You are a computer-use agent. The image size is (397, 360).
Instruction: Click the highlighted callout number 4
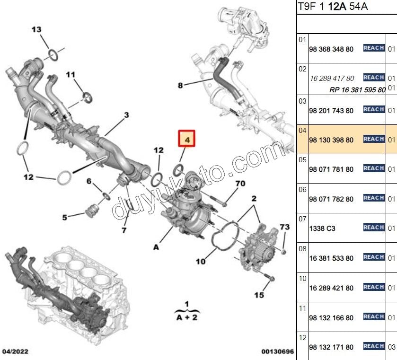(186, 140)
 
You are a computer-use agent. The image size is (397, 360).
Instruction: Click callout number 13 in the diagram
(36, 30)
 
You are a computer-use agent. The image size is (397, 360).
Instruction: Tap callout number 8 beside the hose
(180, 86)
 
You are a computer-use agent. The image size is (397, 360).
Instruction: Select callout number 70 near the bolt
(240, 184)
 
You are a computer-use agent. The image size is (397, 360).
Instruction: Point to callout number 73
(284, 228)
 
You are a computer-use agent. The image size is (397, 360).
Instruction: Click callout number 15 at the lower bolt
(259, 295)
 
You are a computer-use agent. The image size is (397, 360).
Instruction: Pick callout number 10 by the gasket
(200, 261)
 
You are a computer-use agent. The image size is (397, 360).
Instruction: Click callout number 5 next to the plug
(65, 218)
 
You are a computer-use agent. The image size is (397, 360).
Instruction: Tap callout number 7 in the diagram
(124, 230)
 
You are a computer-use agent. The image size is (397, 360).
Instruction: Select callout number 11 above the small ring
(71, 75)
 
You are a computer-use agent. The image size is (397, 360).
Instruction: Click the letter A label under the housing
(156, 246)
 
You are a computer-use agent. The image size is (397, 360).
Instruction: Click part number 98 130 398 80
(331, 140)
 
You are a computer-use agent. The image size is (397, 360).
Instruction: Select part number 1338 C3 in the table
(322, 228)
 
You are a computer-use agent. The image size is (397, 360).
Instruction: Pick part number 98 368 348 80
(331, 49)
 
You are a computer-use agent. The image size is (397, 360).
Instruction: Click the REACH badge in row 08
(373, 257)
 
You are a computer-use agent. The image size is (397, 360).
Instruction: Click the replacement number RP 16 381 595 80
(357, 89)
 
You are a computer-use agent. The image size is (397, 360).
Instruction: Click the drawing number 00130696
(278, 352)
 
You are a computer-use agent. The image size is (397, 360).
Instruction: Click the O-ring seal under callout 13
(53, 55)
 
